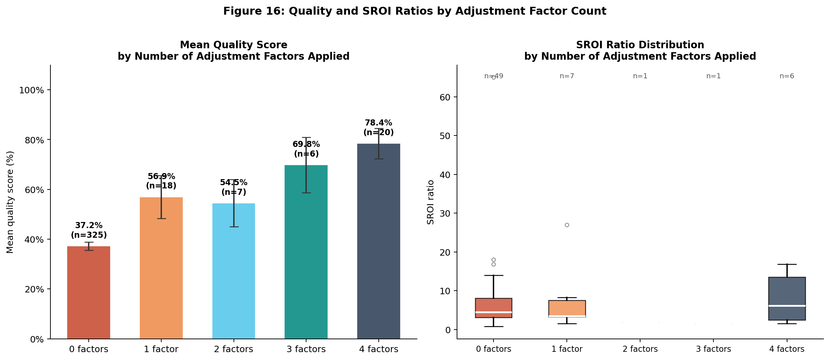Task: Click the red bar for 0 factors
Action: (x=89, y=292)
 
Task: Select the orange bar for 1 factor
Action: (x=161, y=268)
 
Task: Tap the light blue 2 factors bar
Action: (x=234, y=271)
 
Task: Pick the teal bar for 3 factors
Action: (x=306, y=252)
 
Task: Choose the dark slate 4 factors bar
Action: (x=379, y=241)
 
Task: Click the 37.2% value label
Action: (x=89, y=226)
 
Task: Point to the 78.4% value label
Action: (x=379, y=123)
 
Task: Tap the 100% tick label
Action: (x=31, y=90)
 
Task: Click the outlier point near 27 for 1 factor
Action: (x=567, y=225)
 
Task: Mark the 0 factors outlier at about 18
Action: (x=493, y=260)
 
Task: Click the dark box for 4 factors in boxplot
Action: (x=787, y=299)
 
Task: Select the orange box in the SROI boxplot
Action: (x=567, y=309)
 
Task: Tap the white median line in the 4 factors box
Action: (x=787, y=306)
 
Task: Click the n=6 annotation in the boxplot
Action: (x=787, y=76)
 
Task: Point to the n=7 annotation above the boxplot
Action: (x=567, y=76)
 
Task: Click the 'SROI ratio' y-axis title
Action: (x=431, y=202)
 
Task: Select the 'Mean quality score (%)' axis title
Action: (x=10, y=202)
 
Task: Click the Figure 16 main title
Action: (x=415, y=11)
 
